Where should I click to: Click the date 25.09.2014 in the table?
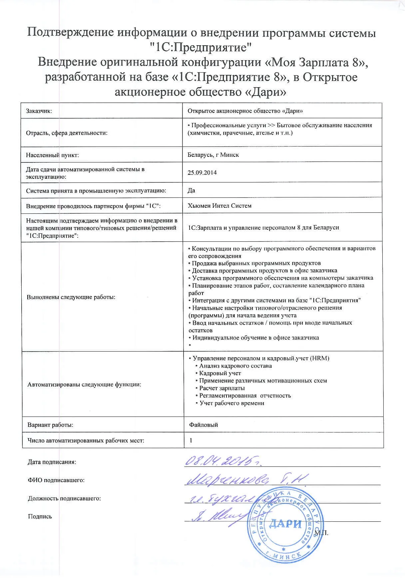coord(202,172)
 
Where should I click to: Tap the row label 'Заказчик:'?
coord(39,111)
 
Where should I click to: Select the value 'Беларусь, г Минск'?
coord(213,155)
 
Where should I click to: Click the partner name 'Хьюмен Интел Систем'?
coord(219,205)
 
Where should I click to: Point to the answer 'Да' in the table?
coord(191,190)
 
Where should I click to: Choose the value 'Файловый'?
coord(203,425)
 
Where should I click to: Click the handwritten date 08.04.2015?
coord(223,461)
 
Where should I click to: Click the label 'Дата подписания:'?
coord(52,462)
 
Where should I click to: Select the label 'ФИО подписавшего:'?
coord(56,480)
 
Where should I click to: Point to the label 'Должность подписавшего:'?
coord(64,498)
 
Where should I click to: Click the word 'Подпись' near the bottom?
coord(40,516)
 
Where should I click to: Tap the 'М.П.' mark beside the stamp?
coord(321,533)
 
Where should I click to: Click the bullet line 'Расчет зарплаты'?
coord(222,388)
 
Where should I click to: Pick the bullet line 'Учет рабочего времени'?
coord(232,403)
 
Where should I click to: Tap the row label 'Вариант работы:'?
coord(50,425)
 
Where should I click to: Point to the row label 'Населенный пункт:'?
coord(53,155)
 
